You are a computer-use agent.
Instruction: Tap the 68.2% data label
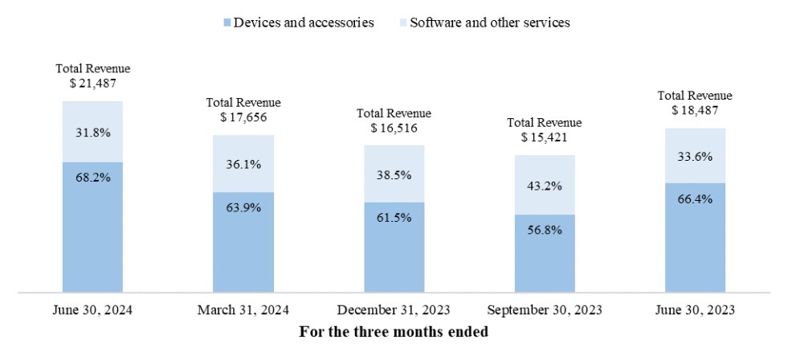[x=92, y=178]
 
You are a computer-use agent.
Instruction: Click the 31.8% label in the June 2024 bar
[x=92, y=132]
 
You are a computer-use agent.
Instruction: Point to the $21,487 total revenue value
[x=92, y=84]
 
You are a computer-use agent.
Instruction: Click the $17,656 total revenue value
[x=243, y=117]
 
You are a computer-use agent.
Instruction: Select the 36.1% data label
[x=243, y=163]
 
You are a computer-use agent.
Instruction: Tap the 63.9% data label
[x=243, y=208]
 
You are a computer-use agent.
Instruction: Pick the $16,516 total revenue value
[x=394, y=128]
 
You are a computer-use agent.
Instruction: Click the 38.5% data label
[x=394, y=173]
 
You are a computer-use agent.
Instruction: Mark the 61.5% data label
[x=394, y=218]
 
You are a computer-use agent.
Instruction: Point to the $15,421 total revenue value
[x=545, y=137]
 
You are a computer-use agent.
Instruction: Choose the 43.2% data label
[x=545, y=186]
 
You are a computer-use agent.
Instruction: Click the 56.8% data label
[x=545, y=230]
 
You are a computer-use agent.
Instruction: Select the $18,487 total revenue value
[x=695, y=110]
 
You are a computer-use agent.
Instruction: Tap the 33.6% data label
[x=695, y=157]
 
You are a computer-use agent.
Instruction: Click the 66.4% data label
[x=695, y=198]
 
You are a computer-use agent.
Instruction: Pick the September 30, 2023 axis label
[x=545, y=311]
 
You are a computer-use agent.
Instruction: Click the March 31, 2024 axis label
[x=243, y=311]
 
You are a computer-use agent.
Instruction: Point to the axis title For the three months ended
[x=394, y=332]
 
